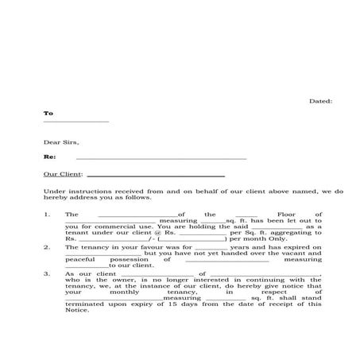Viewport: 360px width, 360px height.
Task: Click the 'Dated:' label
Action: (320, 102)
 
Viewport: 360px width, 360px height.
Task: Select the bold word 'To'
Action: (48, 114)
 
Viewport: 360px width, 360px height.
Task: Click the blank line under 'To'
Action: (75, 122)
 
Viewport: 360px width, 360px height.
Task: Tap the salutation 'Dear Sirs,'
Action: (61, 143)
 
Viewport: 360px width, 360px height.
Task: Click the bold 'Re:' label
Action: (49, 157)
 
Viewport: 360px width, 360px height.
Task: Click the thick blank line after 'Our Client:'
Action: (155, 175)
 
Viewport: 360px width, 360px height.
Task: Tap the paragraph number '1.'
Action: (48, 215)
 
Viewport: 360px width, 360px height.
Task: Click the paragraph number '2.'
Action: (48, 247)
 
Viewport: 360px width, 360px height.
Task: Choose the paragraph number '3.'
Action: (48, 273)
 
